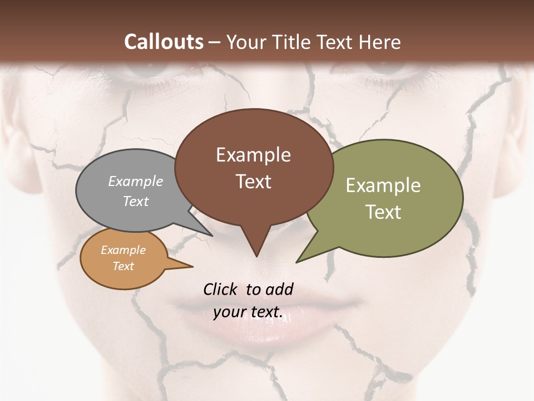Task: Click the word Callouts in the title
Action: click(164, 42)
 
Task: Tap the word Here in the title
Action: click(380, 42)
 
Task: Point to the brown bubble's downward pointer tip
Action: click(256, 256)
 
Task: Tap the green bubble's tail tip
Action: click(298, 261)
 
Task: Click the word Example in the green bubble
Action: click(383, 185)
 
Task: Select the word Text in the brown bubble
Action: click(254, 182)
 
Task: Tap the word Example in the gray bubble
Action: click(136, 182)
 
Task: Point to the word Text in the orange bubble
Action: click(123, 266)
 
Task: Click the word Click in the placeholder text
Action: click(220, 289)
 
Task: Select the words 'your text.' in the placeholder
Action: click(248, 312)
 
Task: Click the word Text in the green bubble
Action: click(384, 212)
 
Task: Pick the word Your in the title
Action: click(246, 42)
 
